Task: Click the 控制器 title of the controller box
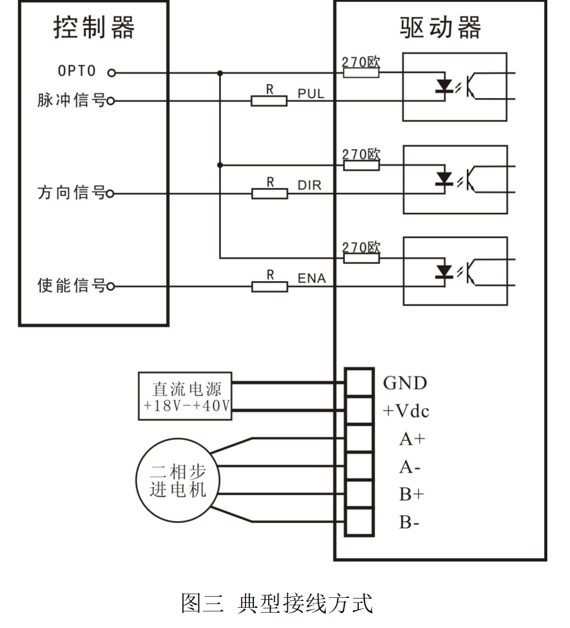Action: point(93,28)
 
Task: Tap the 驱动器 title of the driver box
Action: point(441,28)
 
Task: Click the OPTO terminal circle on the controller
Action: point(111,72)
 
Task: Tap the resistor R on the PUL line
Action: point(269,101)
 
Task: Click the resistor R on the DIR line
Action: point(269,193)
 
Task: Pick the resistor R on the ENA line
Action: point(269,286)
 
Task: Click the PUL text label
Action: point(310,94)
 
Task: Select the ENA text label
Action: point(312,279)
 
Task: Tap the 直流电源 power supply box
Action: point(185,396)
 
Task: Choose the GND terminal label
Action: point(405,384)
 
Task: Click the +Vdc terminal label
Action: point(406,411)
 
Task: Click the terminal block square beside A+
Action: point(359,438)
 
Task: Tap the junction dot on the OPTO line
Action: point(220,72)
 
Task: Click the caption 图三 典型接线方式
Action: point(277,603)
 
